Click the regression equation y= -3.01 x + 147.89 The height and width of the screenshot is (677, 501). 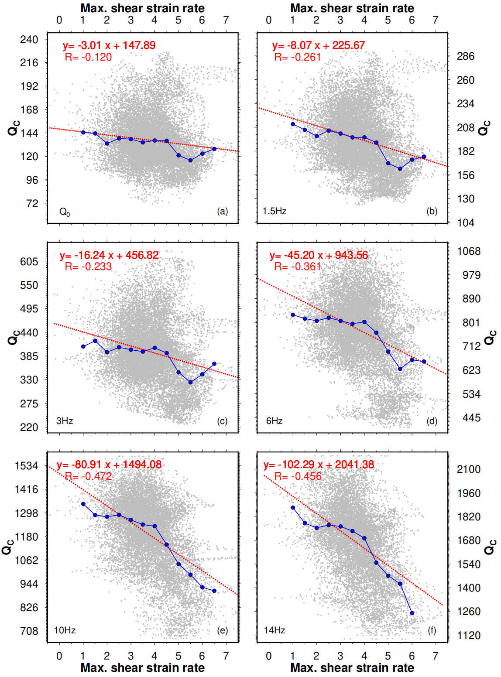coord(109,45)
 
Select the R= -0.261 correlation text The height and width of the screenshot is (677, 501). coord(298,57)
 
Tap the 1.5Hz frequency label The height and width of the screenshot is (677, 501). coord(275,211)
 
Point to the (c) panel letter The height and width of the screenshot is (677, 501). coord(222,421)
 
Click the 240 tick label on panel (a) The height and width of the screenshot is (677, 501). coord(29,40)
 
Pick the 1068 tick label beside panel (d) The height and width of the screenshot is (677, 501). coord(469,251)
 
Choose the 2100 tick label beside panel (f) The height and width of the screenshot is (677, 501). coord(469,469)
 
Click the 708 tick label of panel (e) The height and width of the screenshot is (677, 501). coord(29,631)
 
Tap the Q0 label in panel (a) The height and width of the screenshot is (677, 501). coord(65,212)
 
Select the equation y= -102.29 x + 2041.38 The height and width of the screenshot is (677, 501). coord(319,465)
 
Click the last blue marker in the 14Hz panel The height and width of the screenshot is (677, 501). coord(412,613)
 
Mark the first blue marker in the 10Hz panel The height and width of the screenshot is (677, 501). coord(83,504)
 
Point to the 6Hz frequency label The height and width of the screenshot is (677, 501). coord(275,421)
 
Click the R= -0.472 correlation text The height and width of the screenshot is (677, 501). coord(88,476)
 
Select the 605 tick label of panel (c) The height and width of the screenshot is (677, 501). coord(29,262)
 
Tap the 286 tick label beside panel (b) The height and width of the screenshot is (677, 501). coord(466,56)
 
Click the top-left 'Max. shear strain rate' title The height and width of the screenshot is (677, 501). coord(143,8)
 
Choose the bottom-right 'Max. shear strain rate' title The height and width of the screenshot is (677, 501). coord(352,668)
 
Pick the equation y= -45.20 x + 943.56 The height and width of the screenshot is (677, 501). coord(319,255)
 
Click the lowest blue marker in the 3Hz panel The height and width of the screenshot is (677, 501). coord(190,382)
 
